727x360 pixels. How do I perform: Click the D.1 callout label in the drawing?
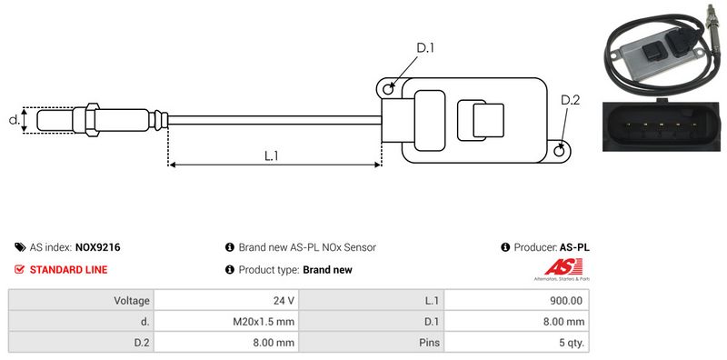(424, 48)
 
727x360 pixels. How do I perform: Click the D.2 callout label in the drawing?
(571, 100)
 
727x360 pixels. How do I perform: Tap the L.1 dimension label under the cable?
(271, 155)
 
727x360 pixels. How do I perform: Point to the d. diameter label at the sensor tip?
(14, 120)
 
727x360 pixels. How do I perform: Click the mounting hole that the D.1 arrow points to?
(387, 88)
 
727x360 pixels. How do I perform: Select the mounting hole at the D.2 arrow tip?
(560, 150)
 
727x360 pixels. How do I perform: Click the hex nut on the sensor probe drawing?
(92, 120)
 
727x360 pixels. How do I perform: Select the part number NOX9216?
(97, 247)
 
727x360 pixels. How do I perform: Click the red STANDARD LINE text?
(69, 269)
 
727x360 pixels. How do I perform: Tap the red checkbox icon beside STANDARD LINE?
(19, 269)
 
